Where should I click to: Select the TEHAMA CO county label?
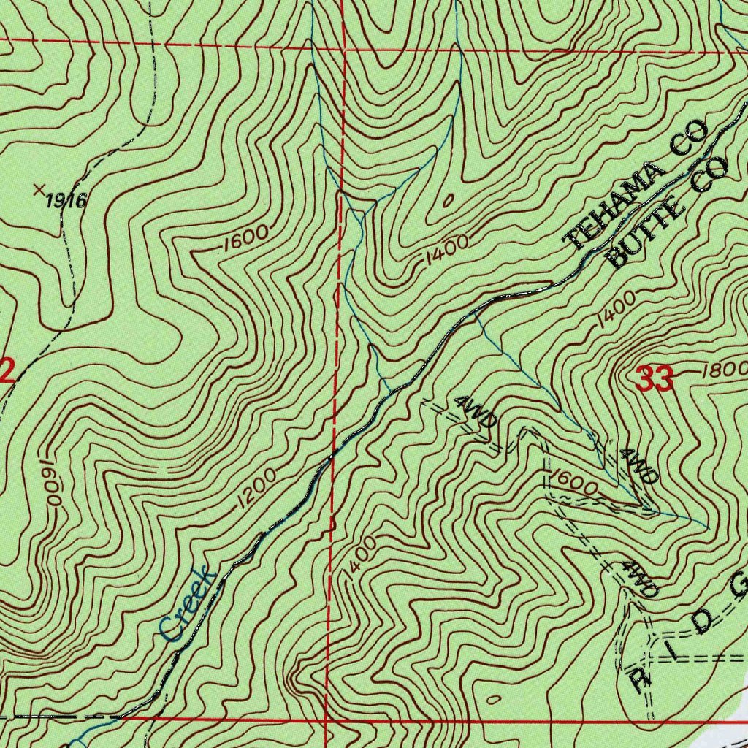click(637, 186)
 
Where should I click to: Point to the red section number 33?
click(654, 379)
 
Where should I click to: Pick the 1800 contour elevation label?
click(723, 370)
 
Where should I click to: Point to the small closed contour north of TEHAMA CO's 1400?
click(448, 199)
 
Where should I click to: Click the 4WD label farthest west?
click(476, 412)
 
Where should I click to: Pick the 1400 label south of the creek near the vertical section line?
click(360, 560)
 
